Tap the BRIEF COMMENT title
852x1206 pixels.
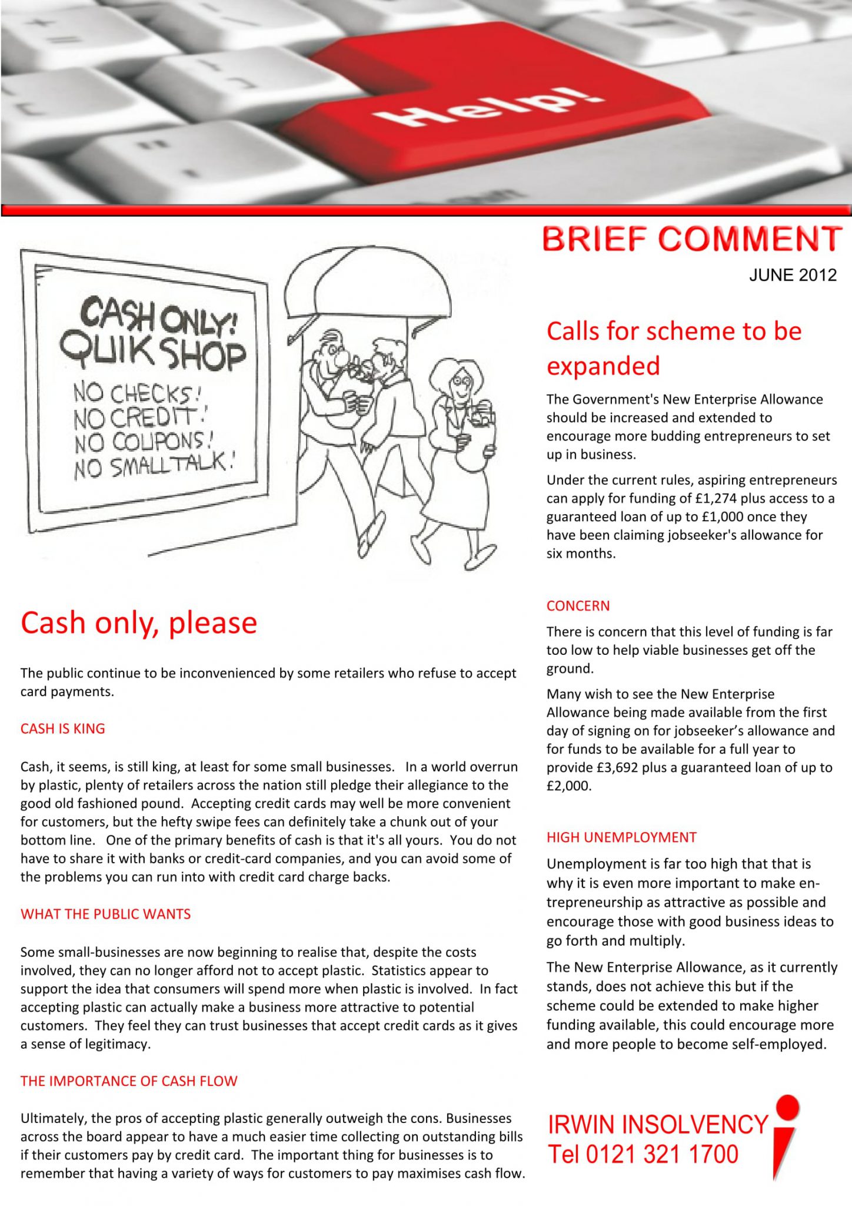692,239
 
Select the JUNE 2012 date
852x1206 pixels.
793,275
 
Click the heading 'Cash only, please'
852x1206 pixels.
139,623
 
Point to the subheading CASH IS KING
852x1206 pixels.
63,728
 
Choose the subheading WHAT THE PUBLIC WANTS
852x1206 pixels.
106,914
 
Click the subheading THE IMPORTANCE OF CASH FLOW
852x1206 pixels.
129,1081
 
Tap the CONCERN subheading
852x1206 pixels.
578,606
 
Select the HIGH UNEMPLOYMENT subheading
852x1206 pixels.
621,837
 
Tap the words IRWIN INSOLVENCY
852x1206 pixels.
658,1125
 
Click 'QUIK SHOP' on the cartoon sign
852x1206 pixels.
153,354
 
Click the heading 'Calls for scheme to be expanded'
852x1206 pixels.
674,348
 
